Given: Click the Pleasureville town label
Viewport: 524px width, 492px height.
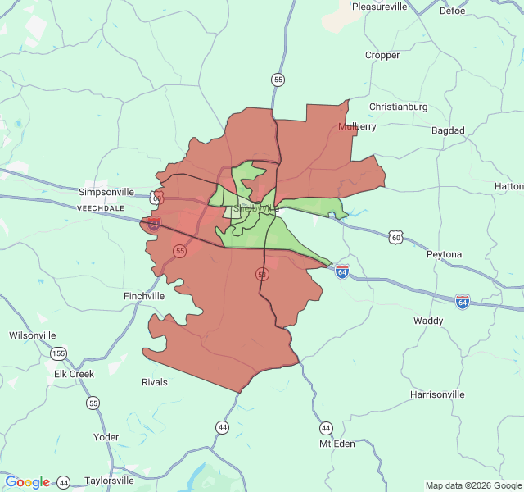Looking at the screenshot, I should pyautogui.click(x=379, y=7).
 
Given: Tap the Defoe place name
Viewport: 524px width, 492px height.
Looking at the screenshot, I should pyautogui.click(x=452, y=11).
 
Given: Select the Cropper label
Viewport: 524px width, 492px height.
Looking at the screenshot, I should pyautogui.click(x=382, y=56).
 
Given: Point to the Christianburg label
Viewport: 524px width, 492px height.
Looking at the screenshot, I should pyautogui.click(x=398, y=107).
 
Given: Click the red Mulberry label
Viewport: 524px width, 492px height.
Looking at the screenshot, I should pyautogui.click(x=357, y=127).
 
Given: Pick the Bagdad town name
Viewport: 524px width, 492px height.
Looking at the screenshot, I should pyautogui.click(x=448, y=130).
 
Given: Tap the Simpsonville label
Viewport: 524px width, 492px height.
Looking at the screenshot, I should pyautogui.click(x=106, y=192).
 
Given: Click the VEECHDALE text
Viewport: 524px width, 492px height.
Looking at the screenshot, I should pyautogui.click(x=100, y=209).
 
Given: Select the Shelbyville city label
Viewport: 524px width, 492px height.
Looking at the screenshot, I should pyautogui.click(x=255, y=208).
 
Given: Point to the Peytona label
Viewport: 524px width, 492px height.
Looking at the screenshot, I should pyautogui.click(x=444, y=254).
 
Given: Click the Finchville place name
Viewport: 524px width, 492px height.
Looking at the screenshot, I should pyautogui.click(x=144, y=296).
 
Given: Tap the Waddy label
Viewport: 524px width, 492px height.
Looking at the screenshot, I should pyautogui.click(x=428, y=321).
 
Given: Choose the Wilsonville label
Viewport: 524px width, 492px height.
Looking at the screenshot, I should pyautogui.click(x=32, y=335).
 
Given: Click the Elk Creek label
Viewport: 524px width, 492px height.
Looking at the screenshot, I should pyautogui.click(x=74, y=374).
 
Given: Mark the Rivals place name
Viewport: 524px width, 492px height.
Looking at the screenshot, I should pyautogui.click(x=154, y=382).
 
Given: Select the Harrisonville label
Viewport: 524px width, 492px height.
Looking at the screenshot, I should pyautogui.click(x=436, y=394).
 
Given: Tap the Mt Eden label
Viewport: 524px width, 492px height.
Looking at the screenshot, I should pyautogui.click(x=337, y=444).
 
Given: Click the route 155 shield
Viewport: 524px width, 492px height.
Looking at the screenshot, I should pyautogui.click(x=58, y=353).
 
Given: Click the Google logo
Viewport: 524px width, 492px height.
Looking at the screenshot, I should pyautogui.click(x=28, y=482).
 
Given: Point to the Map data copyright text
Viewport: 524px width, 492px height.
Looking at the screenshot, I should pyautogui.click(x=472, y=485).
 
